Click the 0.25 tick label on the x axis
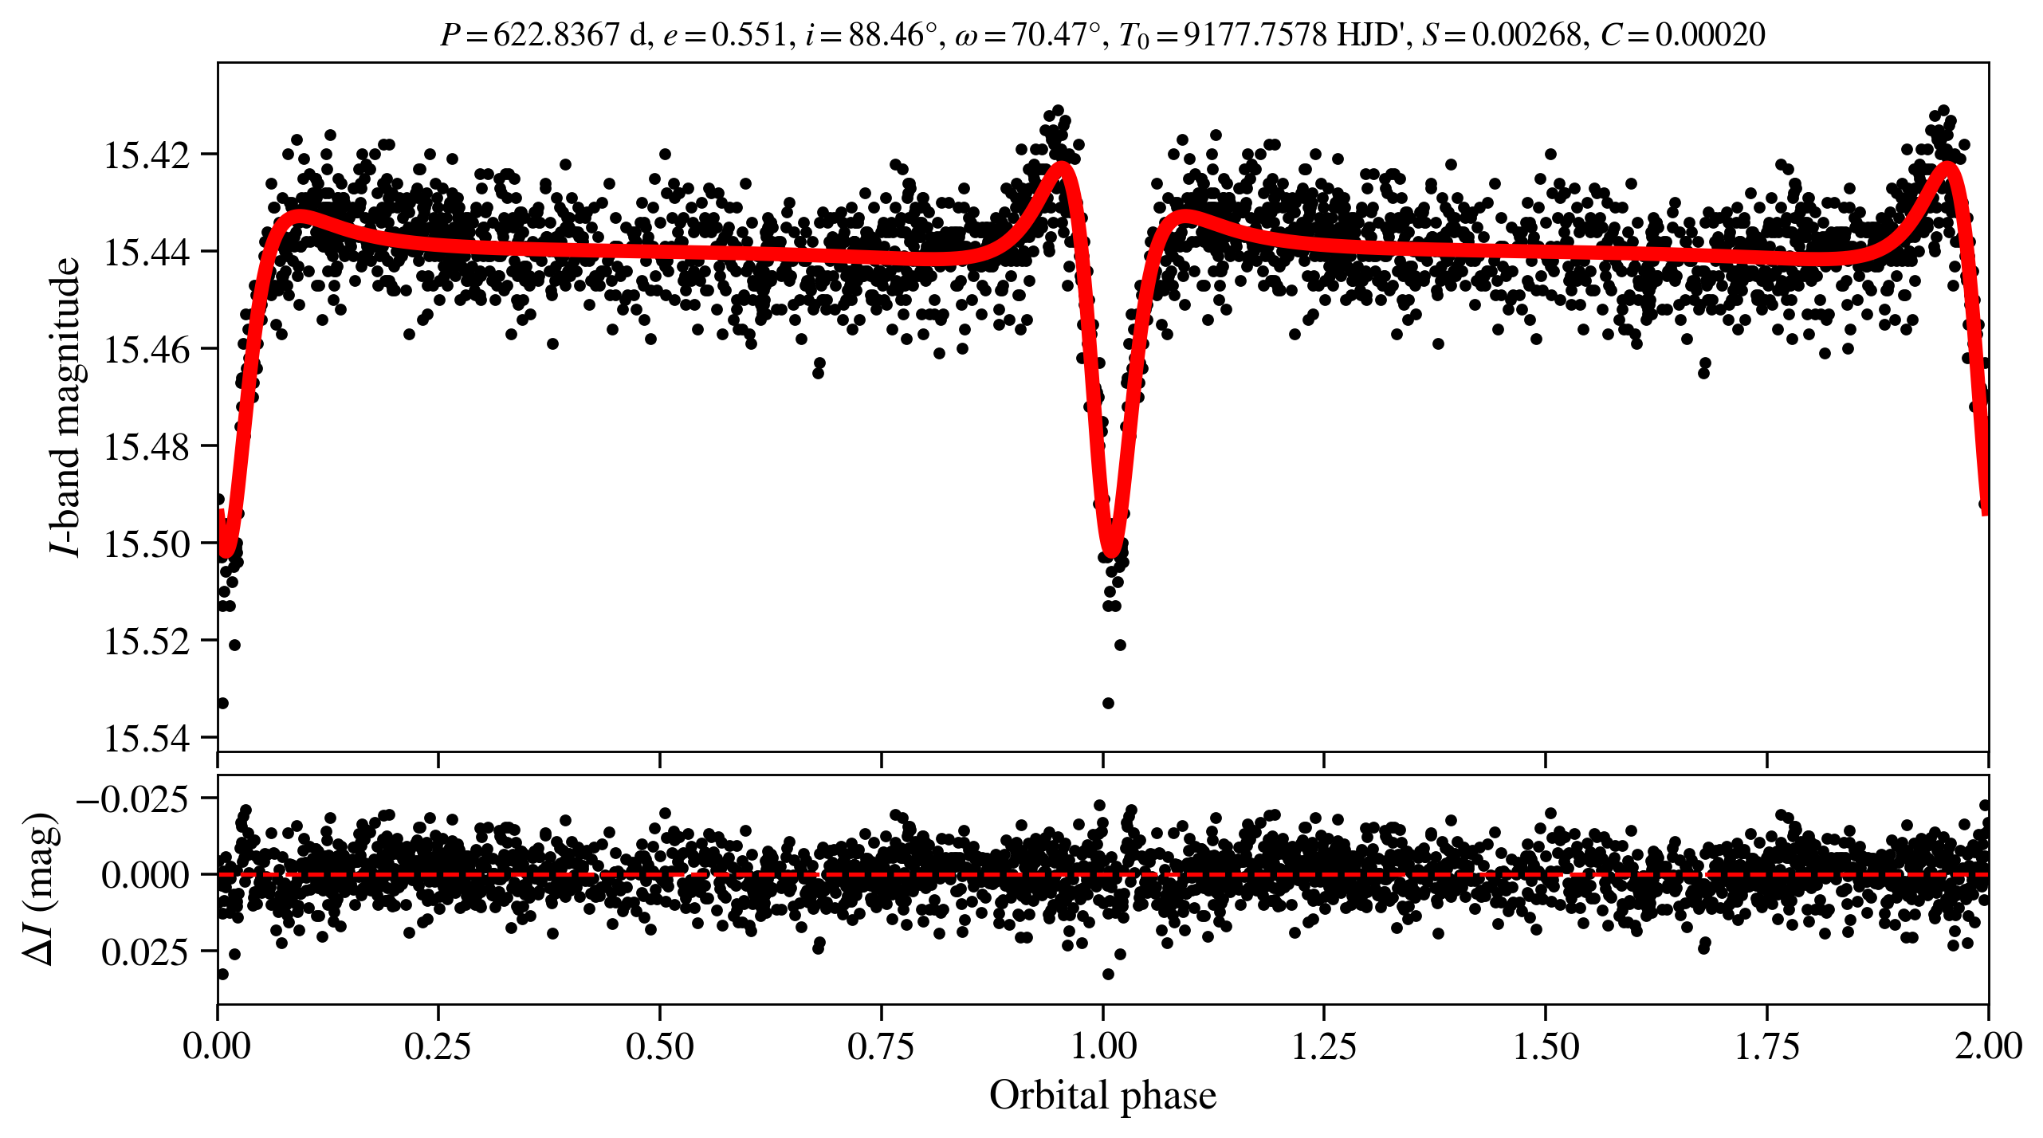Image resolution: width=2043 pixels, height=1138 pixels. click(x=438, y=1046)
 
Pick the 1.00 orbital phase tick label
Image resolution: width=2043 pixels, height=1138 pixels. click(x=1102, y=1046)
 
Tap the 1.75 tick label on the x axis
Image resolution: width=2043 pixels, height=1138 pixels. click(x=1767, y=1046)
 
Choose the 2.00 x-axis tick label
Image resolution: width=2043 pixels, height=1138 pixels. click(x=1988, y=1046)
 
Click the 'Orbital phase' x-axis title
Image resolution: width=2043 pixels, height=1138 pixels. click(x=1102, y=1096)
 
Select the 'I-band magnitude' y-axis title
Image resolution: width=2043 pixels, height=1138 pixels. click(x=65, y=406)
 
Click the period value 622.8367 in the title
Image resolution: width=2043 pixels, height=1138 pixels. click(x=556, y=35)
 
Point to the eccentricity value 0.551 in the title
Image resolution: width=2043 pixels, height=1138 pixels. click(x=748, y=35)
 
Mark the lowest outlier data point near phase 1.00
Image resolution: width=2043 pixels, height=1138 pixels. click(x=1108, y=703)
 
